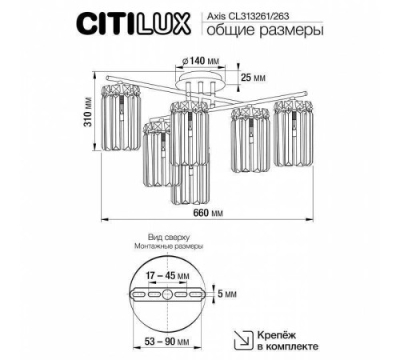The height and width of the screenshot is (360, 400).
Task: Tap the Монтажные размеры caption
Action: [x=169, y=248]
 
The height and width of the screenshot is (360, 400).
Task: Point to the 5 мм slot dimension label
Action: [x=231, y=294]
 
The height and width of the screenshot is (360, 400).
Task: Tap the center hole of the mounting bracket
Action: [x=168, y=294]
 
